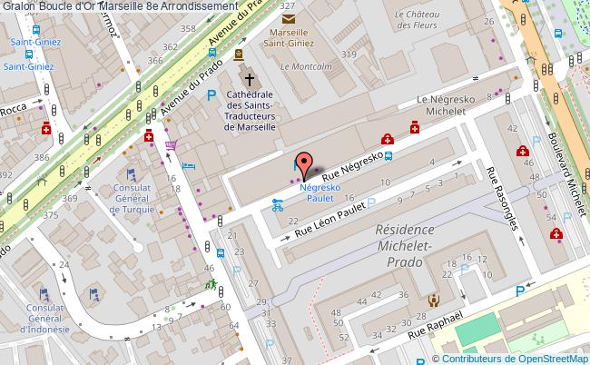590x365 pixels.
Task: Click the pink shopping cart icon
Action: tap(171, 144)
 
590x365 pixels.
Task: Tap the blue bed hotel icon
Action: tap(190, 166)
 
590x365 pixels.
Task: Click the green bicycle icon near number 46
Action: tap(211, 285)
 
